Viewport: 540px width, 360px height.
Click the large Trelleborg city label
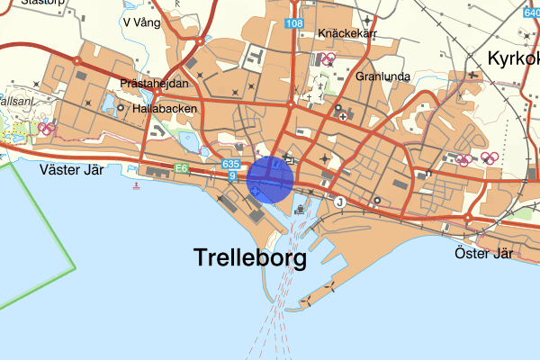250,258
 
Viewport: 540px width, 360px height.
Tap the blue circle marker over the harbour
270,178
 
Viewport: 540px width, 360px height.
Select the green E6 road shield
182,167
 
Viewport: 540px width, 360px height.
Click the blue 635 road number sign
230,165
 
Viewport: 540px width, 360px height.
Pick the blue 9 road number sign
231,175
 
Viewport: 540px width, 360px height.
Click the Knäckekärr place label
346,34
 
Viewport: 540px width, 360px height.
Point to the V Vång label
146,22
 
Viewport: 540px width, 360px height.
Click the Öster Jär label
484,253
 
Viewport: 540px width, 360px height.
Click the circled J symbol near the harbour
339,202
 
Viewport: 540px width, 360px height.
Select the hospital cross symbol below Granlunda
342,116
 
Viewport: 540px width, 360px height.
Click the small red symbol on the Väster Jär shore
136,186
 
